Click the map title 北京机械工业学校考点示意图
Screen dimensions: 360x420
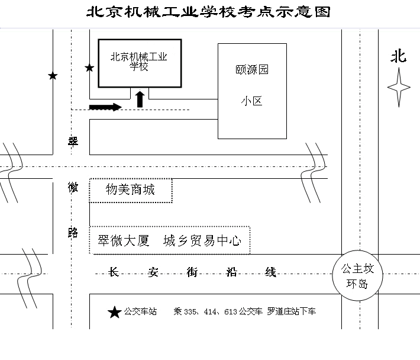[209, 12]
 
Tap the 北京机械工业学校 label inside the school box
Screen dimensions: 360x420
[140, 62]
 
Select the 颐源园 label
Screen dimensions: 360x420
[251, 70]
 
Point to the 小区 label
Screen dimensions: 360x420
[251, 101]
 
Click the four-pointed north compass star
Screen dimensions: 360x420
[399, 87]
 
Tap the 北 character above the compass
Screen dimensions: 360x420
[398, 56]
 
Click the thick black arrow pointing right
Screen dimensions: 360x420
[105, 107]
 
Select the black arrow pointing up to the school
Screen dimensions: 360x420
[140, 99]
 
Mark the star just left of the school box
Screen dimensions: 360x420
[89, 68]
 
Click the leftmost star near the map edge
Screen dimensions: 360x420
[53, 76]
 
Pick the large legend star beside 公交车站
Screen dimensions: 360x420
[114, 312]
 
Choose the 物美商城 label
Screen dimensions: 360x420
[130, 189]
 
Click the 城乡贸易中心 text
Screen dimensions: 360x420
[202, 241]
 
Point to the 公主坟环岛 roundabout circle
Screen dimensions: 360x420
[357, 277]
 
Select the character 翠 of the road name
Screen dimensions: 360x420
[73, 142]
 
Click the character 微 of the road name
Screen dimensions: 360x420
[73, 188]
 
